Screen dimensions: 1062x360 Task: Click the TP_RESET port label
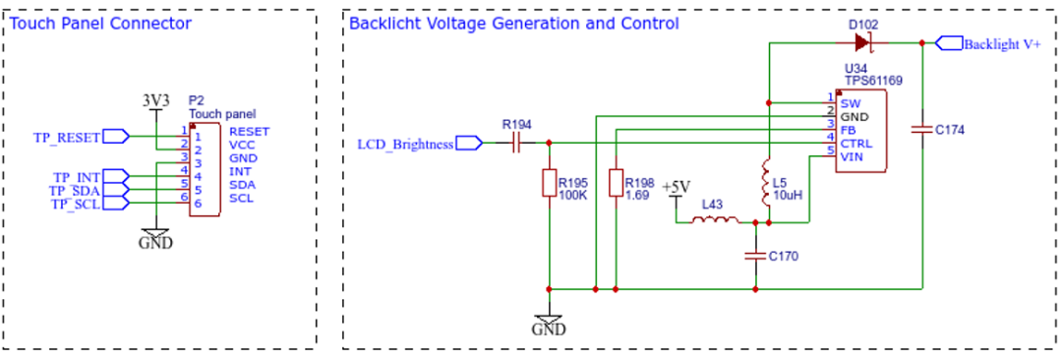67,137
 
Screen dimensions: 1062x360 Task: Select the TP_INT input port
115,176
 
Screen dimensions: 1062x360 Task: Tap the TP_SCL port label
76,203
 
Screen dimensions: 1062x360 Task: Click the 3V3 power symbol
155,102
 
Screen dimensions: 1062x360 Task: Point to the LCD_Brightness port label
405,144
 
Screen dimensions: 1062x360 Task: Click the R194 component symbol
516,143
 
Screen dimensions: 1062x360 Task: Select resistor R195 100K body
550,184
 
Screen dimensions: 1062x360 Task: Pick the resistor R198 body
616,183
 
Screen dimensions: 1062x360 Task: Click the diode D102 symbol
862,43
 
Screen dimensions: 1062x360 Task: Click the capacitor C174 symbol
922,128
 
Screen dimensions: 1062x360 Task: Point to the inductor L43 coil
715,220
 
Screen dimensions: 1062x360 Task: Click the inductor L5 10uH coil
767,183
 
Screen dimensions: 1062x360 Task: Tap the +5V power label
677,187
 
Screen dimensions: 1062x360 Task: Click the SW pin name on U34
851,103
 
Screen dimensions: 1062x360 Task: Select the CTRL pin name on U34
856,144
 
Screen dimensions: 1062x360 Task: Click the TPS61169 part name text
874,81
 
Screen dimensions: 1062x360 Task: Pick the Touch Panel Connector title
101,24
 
